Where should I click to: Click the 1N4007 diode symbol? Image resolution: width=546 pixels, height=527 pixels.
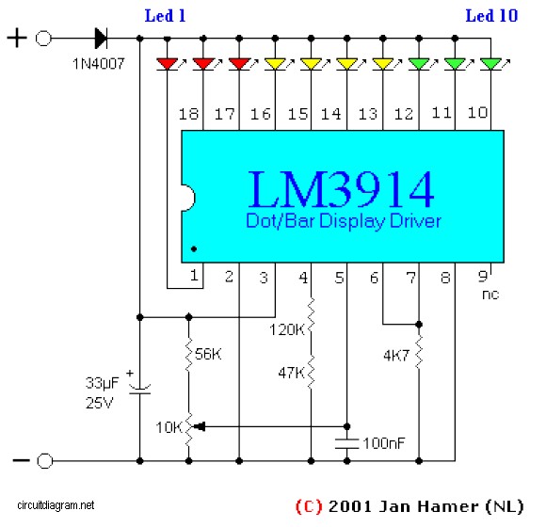(x=101, y=38)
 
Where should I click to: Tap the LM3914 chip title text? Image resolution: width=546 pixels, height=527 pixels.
(x=341, y=190)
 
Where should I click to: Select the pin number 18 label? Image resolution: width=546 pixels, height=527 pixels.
(x=188, y=114)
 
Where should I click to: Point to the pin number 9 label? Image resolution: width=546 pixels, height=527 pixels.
(x=483, y=277)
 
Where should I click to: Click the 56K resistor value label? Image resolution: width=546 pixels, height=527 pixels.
(x=208, y=354)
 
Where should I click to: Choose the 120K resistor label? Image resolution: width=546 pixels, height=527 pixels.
(x=286, y=329)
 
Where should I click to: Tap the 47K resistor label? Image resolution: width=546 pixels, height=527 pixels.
(x=291, y=373)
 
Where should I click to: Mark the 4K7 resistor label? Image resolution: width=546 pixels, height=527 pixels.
(x=396, y=356)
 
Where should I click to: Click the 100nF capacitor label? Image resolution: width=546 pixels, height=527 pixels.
(x=384, y=443)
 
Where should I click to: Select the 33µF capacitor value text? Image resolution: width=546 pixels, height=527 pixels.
(x=102, y=383)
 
